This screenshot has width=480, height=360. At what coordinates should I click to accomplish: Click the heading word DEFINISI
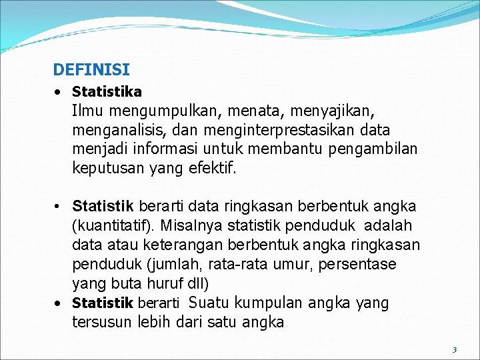coord(91,69)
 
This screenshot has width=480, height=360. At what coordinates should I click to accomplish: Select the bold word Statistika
coord(107,91)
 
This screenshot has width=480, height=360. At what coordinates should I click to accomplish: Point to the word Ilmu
coord(87,110)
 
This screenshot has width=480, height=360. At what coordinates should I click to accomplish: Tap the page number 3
coord(454,349)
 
